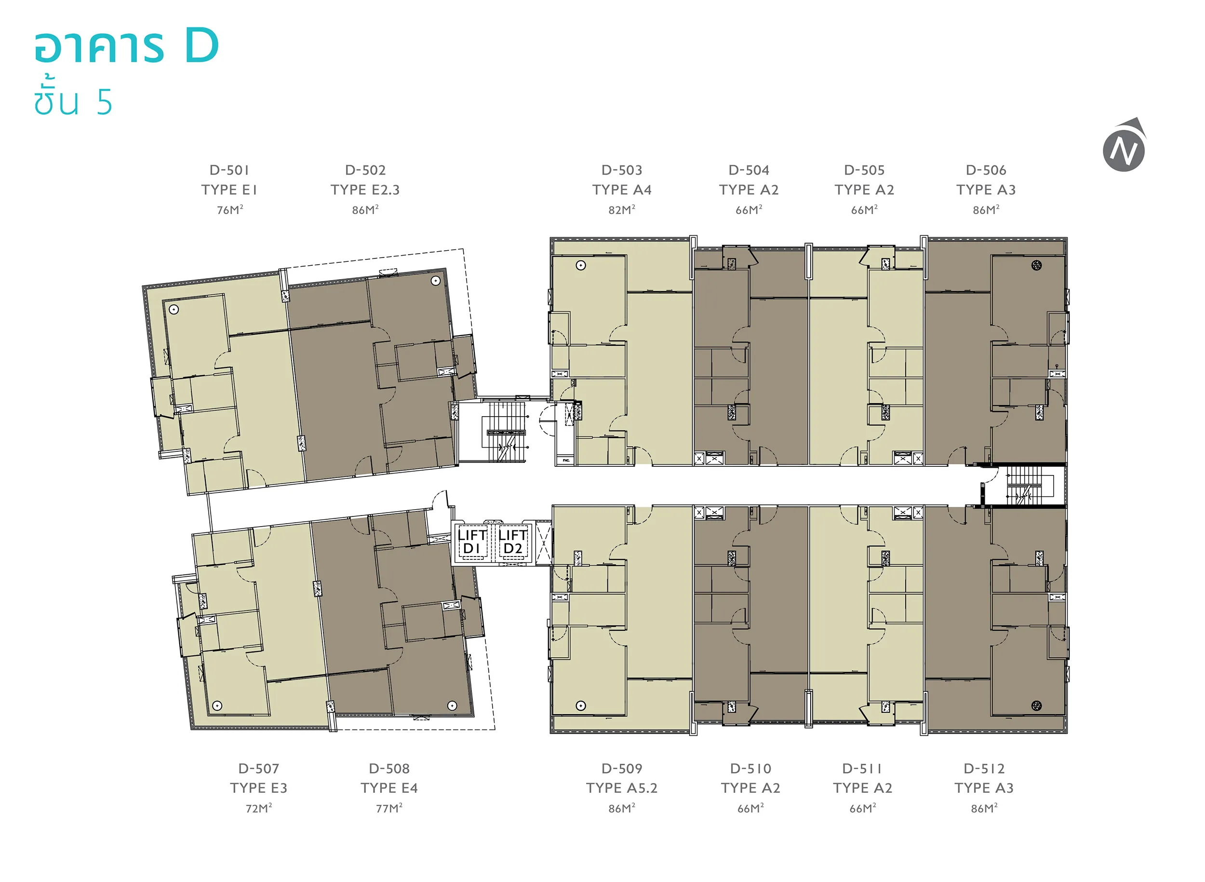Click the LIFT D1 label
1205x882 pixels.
[x=471, y=542]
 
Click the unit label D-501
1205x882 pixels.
[x=229, y=170]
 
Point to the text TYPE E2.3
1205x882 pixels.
[x=365, y=190]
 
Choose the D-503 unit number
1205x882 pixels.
[x=622, y=170]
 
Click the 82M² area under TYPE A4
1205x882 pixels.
[x=622, y=209]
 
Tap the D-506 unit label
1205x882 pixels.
[x=986, y=170]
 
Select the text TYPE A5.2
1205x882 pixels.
[x=622, y=788]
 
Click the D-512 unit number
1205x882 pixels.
[x=984, y=769]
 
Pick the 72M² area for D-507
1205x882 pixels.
[x=259, y=808]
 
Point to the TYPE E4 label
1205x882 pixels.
[x=389, y=788]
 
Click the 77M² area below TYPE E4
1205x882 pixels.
[x=389, y=808]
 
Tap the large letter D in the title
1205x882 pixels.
[x=202, y=46]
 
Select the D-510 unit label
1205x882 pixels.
[x=750, y=769]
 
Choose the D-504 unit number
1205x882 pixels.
[x=749, y=170]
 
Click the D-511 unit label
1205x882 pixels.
[x=862, y=769]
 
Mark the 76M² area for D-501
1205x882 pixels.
[x=230, y=209]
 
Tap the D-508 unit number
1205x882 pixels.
[x=389, y=769]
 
